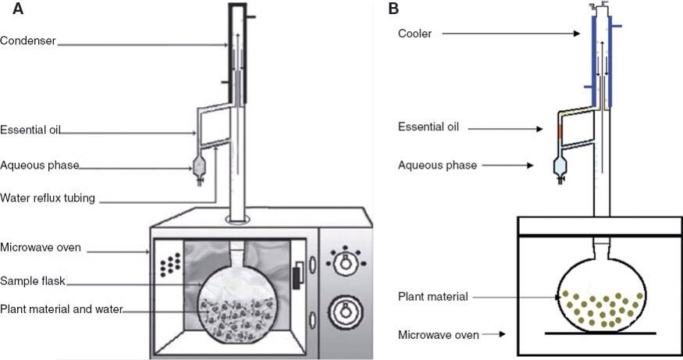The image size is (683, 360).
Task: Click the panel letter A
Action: coord(18,9)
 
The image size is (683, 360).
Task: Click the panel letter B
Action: coord(393,9)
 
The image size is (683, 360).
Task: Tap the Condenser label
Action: coord(28,41)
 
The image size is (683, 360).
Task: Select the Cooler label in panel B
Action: coord(414,34)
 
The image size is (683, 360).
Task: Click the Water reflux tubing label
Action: coord(48,198)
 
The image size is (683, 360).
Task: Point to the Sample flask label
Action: coord(33,280)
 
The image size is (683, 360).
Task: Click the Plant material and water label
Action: coord(62,309)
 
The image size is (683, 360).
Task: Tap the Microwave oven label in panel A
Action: coord(41,248)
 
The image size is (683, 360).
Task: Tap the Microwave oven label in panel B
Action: coord(439,335)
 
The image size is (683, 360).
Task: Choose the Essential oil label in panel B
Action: coord(429,127)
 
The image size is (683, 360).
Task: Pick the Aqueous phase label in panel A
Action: coord(40,166)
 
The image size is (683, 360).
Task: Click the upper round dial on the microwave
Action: coord(346,263)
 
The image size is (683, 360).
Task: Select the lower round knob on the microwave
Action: coord(346,312)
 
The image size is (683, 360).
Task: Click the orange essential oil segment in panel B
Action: coord(560,131)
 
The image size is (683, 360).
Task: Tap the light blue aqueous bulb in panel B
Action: coord(560,166)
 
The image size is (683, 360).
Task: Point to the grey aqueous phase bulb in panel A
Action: coord(199,166)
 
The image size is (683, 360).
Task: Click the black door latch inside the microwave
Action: coord(296,278)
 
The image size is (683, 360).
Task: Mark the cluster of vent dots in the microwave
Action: coord(170,264)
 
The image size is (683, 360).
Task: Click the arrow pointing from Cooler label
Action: coord(511,33)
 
